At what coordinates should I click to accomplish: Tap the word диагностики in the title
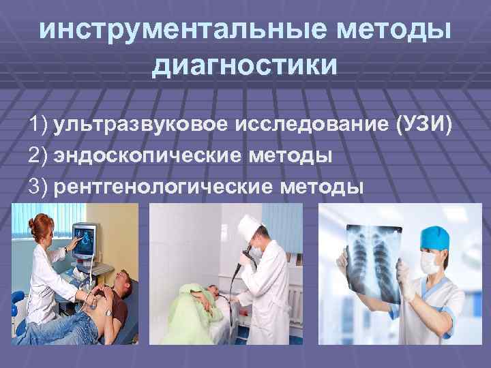click(x=245, y=66)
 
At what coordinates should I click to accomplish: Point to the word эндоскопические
click(x=147, y=155)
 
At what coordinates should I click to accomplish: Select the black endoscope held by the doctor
click(x=239, y=273)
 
